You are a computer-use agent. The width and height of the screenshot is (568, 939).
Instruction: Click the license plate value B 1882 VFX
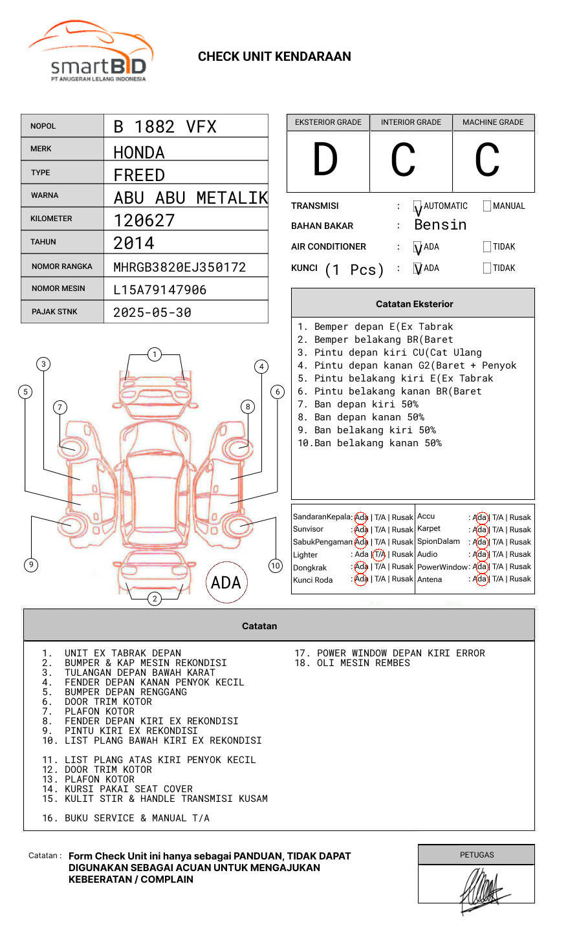(165, 127)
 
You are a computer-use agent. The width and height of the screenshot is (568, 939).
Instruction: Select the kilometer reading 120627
(144, 221)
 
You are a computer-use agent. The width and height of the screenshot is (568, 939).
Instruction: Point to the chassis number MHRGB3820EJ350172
(180, 267)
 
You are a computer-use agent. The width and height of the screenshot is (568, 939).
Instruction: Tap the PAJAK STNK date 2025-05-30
(152, 312)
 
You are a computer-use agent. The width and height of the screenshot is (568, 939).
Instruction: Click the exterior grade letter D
(325, 160)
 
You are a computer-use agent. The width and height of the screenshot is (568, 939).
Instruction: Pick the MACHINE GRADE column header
(493, 122)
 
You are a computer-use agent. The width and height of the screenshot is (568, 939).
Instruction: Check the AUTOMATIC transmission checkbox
(418, 206)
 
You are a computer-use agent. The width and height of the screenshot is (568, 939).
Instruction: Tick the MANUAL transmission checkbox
(487, 206)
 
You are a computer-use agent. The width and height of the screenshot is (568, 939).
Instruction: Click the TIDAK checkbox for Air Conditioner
(487, 247)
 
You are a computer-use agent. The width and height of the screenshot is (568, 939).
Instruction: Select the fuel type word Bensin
(440, 225)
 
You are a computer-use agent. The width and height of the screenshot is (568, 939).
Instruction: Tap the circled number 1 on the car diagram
(154, 354)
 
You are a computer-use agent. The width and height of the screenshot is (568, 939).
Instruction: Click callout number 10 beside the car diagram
(276, 566)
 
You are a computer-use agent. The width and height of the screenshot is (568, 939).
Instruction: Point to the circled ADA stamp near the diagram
(226, 583)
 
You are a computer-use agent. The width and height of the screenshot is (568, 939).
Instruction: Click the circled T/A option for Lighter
(380, 554)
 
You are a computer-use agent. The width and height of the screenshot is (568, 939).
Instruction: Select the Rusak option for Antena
(520, 579)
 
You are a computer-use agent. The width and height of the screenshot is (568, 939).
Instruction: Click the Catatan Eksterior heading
(414, 304)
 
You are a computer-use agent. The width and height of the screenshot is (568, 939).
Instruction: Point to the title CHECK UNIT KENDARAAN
(274, 57)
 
